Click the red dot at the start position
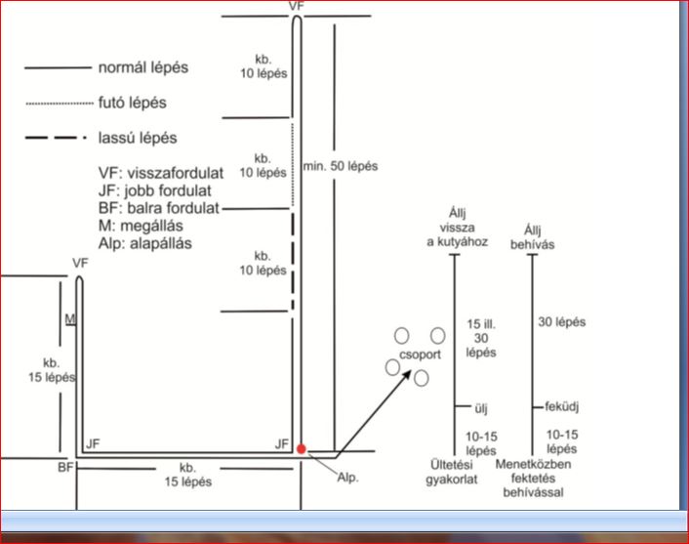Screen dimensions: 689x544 pos(302,448)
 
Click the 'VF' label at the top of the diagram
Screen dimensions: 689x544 pos(297,6)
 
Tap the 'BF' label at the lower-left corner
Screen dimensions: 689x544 pos(65,469)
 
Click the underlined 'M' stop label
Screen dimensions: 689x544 pos(68,318)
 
